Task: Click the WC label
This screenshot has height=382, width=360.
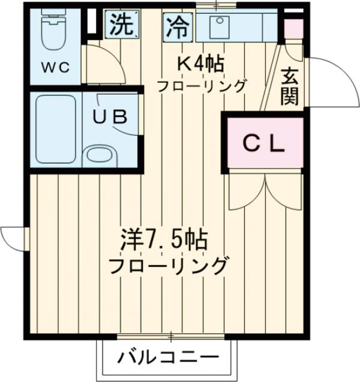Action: [56, 67]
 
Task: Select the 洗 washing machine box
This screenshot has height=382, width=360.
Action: [122, 25]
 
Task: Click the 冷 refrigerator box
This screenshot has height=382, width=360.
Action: [177, 25]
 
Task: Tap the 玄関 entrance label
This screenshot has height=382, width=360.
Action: [290, 87]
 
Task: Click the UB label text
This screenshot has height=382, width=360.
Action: [109, 116]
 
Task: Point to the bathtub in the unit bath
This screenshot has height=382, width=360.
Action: [55, 129]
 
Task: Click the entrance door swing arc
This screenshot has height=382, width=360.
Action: [330, 84]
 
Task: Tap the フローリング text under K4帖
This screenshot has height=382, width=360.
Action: [202, 86]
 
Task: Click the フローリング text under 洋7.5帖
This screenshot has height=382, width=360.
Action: [168, 264]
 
